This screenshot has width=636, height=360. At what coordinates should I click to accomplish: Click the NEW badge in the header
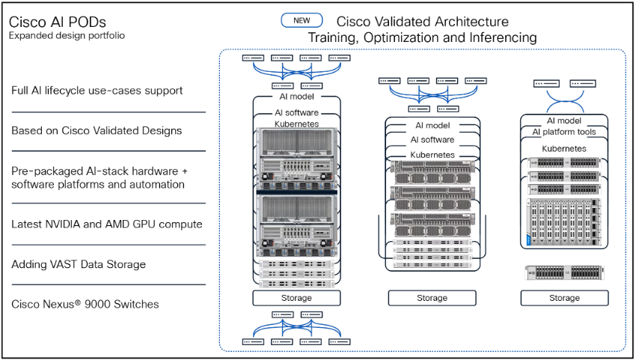pos(302,21)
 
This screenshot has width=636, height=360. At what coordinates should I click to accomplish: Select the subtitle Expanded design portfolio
pos(67,35)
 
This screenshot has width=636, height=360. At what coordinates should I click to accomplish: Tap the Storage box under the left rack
pos(296,298)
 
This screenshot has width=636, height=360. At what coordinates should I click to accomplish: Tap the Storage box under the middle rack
pos(432,298)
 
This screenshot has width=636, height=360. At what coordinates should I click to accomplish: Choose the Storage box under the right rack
pos(564,298)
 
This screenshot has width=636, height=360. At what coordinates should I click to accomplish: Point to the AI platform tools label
pos(564,132)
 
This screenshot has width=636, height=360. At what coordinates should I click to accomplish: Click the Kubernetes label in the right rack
pos(564,148)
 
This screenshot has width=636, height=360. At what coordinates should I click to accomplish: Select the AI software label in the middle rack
pos(432,140)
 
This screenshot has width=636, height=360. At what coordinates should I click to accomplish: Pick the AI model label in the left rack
pos(296,96)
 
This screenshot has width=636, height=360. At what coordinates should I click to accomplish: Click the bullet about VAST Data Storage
pos(79,264)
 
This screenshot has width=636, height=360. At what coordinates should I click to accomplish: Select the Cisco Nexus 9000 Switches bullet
pos(85,304)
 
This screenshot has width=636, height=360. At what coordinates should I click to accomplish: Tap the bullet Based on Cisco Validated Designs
pos(97,130)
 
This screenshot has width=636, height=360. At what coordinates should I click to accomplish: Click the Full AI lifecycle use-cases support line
pos(97,91)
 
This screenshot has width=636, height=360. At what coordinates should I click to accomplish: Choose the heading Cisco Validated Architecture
pos(422,22)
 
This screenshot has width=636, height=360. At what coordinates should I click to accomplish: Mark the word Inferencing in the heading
pos(501,37)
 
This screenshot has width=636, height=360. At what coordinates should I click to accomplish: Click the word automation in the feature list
pos(159,184)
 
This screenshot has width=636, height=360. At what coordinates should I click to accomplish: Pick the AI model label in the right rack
pos(564,120)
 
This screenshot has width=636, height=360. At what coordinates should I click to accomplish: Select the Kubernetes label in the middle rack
pos(432,154)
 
